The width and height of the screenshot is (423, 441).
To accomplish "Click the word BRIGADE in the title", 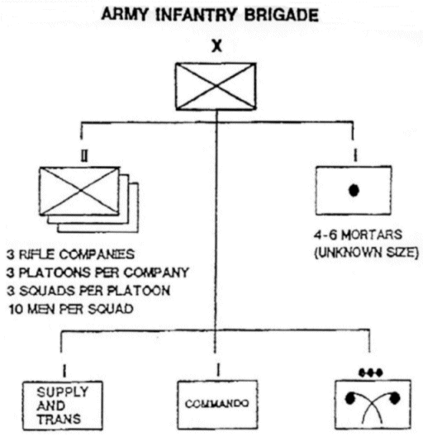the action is click(x=281, y=15).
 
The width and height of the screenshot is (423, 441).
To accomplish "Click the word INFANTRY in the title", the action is click(x=196, y=15).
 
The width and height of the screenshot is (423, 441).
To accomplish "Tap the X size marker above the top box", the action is click(x=216, y=46).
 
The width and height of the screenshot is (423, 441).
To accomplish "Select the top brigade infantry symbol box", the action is click(x=216, y=86).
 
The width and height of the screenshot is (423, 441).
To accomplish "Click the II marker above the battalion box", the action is click(x=84, y=155).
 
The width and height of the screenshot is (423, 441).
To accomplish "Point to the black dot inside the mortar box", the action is click(x=354, y=190).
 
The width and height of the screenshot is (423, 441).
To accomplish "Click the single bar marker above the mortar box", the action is click(x=355, y=155).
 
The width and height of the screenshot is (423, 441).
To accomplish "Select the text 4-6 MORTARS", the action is click(x=358, y=235).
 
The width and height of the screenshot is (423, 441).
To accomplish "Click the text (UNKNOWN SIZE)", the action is click(x=367, y=253).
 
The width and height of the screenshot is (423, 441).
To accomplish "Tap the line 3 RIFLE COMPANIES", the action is click(x=71, y=254).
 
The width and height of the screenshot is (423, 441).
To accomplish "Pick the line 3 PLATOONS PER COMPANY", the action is click(x=97, y=273).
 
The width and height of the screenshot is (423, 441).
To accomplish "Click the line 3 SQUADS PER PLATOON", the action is click(x=88, y=291).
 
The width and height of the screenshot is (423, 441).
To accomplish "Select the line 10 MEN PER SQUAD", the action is click(x=71, y=309).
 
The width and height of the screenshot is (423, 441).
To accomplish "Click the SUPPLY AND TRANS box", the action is click(x=62, y=405).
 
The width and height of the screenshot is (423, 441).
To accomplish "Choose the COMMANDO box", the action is click(x=217, y=405).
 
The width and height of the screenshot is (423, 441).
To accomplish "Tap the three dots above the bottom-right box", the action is click(x=371, y=372).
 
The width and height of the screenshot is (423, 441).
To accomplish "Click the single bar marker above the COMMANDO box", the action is click(x=217, y=369).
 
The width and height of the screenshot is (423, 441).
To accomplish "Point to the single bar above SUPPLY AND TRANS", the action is click(x=64, y=371).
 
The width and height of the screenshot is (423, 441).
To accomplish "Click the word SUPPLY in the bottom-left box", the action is click(x=63, y=391).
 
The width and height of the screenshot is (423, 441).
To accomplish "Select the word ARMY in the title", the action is click(x=125, y=15).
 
